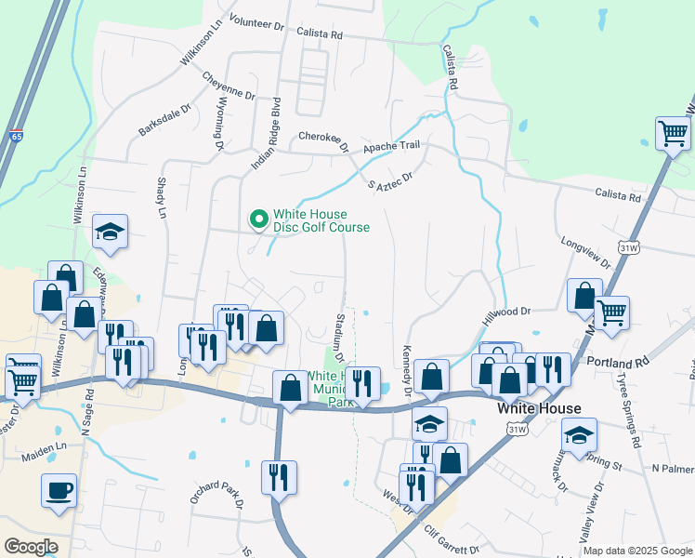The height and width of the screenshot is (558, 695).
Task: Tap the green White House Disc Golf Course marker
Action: (x=257, y=219)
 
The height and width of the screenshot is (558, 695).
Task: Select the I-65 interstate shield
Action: (x=16, y=136)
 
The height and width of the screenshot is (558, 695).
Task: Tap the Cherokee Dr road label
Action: (x=322, y=140)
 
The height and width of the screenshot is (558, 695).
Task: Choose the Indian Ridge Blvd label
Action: (x=266, y=132)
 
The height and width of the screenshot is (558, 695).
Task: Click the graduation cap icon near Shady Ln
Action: (x=111, y=233)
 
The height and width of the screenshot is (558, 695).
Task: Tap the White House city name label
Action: (x=539, y=408)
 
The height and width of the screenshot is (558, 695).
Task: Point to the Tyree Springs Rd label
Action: (x=629, y=408)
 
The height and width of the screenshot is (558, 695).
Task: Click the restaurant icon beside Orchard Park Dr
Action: (x=279, y=478)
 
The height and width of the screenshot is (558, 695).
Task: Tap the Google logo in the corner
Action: (x=32, y=547)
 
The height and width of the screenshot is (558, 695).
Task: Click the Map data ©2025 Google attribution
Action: (x=636, y=551)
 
